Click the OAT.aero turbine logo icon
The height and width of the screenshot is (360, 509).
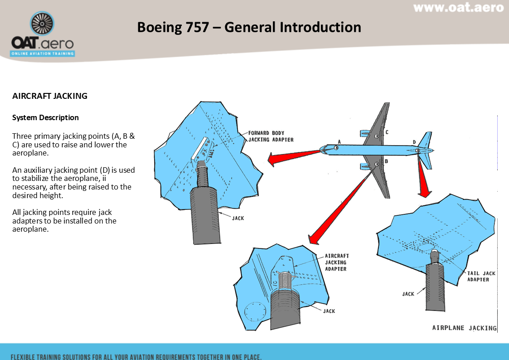pyautogui.click(x=42, y=24)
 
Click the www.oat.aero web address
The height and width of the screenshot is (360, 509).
pyautogui.click(x=458, y=8)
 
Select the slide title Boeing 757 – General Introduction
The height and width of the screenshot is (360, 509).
pyautogui.click(x=249, y=27)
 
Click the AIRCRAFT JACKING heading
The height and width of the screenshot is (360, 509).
pyautogui.click(x=50, y=96)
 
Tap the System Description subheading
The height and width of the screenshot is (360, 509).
pyautogui.click(x=45, y=117)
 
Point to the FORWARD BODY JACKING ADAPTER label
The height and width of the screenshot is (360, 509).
pyautogui.click(x=271, y=136)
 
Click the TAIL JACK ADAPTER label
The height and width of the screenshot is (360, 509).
pyautogui.click(x=481, y=277)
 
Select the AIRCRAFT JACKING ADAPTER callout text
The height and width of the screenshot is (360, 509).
pyautogui.click(x=336, y=262)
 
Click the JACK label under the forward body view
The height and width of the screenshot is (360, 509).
pyautogui.click(x=238, y=218)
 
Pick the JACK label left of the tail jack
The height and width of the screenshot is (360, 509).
pyautogui.click(x=408, y=294)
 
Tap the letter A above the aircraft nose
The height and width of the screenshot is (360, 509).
pyautogui.click(x=339, y=141)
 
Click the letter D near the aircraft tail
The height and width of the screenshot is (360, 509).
pyautogui.click(x=414, y=141)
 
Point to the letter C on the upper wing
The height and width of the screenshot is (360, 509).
pyautogui.click(x=387, y=132)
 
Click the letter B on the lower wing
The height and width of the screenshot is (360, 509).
pyautogui.click(x=386, y=161)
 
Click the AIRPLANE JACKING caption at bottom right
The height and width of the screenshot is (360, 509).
pyautogui.click(x=464, y=328)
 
